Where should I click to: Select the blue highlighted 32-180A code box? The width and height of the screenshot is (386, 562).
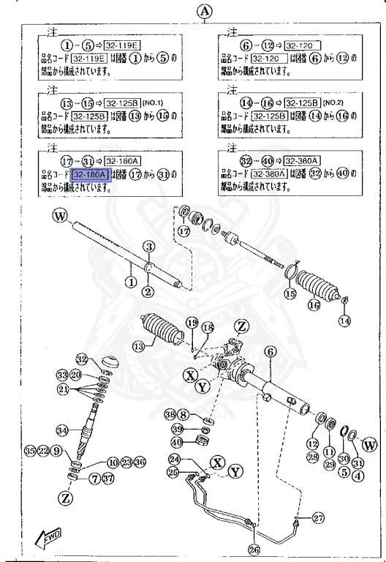(x=90, y=174)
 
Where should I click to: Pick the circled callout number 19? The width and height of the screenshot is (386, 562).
(x=192, y=323)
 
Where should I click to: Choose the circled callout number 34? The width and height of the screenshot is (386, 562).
(x=63, y=430)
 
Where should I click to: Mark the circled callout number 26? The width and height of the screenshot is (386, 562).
(x=253, y=550)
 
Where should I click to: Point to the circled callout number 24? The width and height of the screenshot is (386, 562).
(x=174, y=459)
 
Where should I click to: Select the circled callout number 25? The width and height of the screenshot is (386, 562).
(x=174, y=472)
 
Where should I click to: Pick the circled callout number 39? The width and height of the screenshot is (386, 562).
(x=178, y=427)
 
